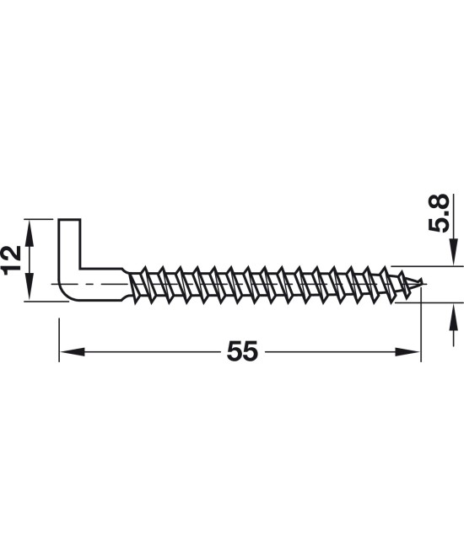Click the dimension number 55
tap(242, 351)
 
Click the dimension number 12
tap(11, 259)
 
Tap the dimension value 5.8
tap(439, 213)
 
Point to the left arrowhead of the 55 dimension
tap(72, 352)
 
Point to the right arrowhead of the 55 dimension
tap(407, 352)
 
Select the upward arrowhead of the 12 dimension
tap(30, 232)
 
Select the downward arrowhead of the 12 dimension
tap(30, 288)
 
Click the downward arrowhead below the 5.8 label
tap(453, 252)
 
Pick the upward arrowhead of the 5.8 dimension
tap(453, 316)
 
